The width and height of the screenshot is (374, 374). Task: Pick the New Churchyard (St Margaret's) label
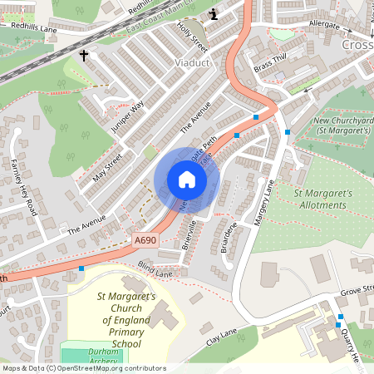click(x=342, y=125)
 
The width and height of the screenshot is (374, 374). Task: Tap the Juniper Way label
click(x=131, y=117)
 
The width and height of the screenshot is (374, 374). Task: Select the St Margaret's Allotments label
click(x=324, y=199)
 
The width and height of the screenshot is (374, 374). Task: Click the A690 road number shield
click(x=145, y=240)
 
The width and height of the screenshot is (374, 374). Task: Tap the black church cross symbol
click(x=83, y=56)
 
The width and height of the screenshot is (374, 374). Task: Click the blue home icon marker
click(x=187, y=180)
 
